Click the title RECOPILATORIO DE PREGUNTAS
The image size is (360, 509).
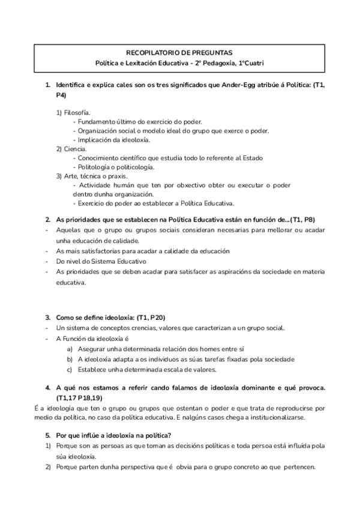coord(180,53)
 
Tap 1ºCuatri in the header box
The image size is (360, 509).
coord(251,63)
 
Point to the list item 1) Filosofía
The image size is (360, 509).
coord(73,112)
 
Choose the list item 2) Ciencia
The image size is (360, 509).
coord(71,148)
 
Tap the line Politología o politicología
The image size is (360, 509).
coord(116,167)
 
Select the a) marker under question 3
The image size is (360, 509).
coord(70,349)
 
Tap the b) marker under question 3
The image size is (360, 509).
coord(70,359)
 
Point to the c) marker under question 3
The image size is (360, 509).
coord(70,369)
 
